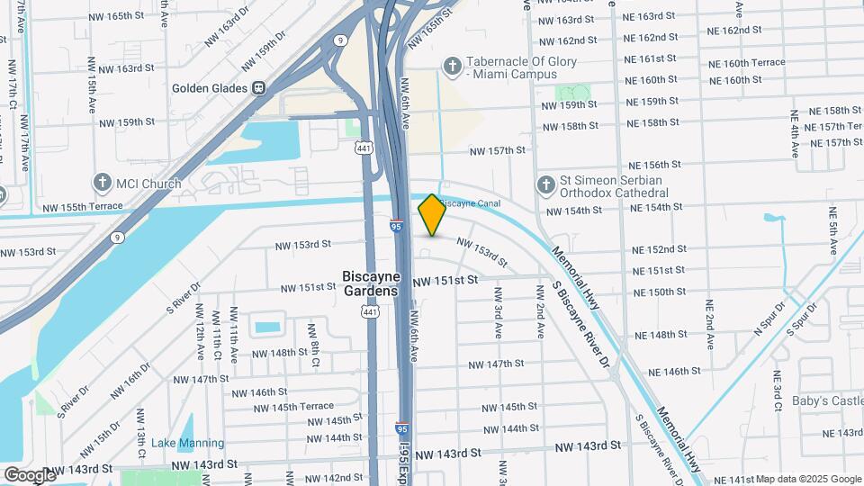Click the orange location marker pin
click(432, 214)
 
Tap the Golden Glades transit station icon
click(258, 88)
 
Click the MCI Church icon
click(102, 184)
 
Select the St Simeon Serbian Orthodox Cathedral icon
click(544, 185)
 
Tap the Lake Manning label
click(187, 443)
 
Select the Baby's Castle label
click(827, 400)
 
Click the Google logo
click(30, 474)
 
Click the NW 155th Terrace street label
click(80, 208)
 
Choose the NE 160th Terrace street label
click(746, 63)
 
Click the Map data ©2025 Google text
click(807, 479)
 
